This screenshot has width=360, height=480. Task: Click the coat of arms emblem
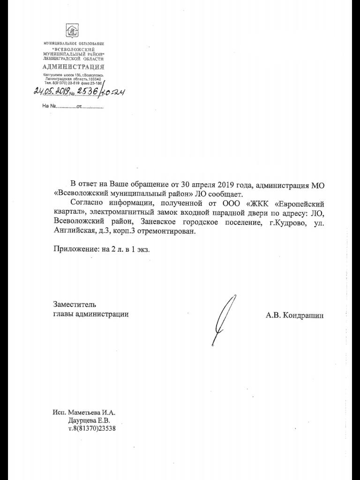(72, 31)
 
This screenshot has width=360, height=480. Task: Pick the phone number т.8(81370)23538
(92, 428)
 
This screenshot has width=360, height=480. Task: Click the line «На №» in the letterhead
(73, 106)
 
